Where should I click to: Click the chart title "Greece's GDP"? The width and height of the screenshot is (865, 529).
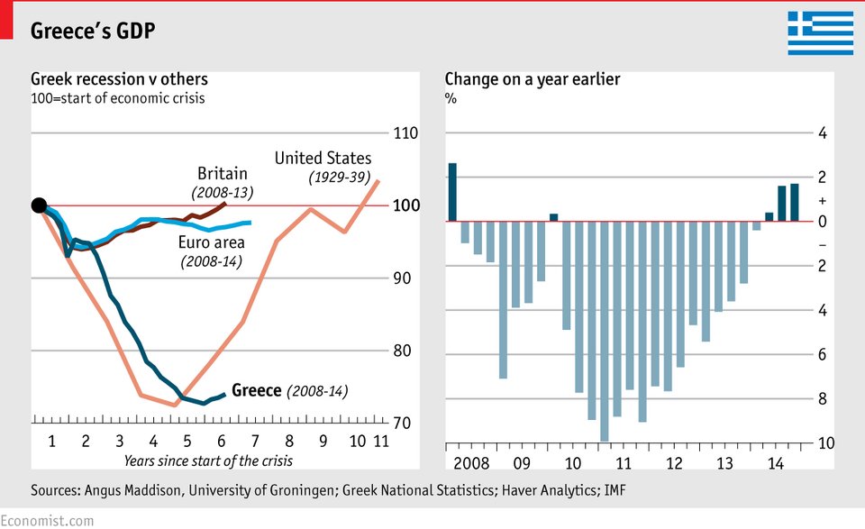click(x=93, y=31)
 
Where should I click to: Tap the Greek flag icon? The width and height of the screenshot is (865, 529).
click(x=820, y=33)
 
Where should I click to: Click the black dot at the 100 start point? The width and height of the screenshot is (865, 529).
click(x=39, y=205)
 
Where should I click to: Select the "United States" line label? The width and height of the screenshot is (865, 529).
click(x=323, y=159)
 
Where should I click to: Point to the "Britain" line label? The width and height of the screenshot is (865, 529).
click(x=222, y=174)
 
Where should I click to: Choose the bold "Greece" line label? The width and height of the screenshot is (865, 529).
click(x=257, y=390)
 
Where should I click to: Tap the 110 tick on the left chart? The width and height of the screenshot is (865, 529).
click(x=406, y=133)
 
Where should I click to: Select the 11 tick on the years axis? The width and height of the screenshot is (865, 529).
click(x=380, y=442)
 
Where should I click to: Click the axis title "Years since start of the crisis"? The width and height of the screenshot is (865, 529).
click(x=208, y=461)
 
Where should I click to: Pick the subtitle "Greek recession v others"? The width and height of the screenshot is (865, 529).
click(x=119, y=78)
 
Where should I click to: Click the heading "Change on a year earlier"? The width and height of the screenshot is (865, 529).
click(x=532, y=78)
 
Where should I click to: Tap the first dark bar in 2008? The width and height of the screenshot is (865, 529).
click(x=452, y=192)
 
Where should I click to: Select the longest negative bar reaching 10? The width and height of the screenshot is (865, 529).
click(x=604, y=331)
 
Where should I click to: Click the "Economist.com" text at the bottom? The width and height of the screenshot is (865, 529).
click(x=47, y=520)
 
